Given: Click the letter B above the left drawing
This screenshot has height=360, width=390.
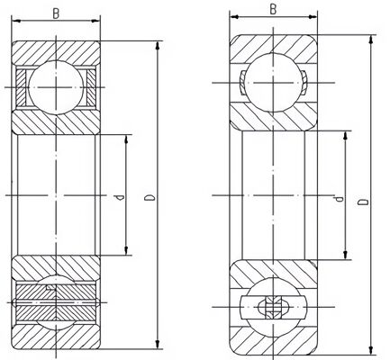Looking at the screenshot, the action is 56,13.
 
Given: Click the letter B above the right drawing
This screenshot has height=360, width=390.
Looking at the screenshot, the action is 273,9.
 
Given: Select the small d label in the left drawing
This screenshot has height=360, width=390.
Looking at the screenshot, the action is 120,197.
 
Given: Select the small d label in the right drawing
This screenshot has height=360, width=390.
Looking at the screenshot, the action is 339,199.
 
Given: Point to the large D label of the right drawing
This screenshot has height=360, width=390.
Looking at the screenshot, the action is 363,202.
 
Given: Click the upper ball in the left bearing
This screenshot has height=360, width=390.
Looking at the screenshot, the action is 56,87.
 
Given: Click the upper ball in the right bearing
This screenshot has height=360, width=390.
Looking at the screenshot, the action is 273,83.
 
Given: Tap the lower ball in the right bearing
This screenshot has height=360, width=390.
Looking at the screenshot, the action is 273,307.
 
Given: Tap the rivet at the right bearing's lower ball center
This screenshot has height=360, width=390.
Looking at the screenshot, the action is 273,307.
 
